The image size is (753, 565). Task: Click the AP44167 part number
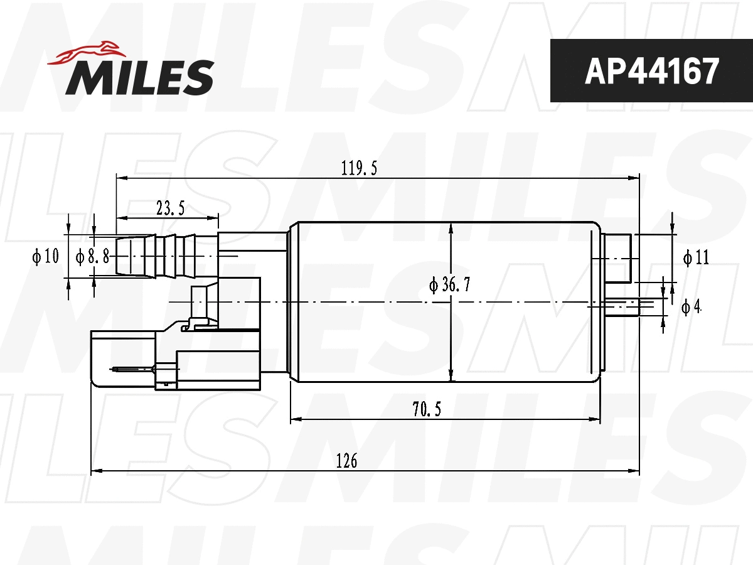[651, 71]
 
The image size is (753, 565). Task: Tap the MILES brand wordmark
[140, 77]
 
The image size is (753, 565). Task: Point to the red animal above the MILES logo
[87, 53]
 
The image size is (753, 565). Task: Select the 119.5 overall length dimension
[359, 168]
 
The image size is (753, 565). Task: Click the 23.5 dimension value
[171, 208]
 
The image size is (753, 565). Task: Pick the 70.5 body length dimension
[427, 409]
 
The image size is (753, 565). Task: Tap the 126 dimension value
[346, 461]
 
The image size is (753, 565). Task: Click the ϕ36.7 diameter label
[450, 284]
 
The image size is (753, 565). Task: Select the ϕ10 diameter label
[46, 256]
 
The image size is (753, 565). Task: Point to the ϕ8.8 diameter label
[92, 256]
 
